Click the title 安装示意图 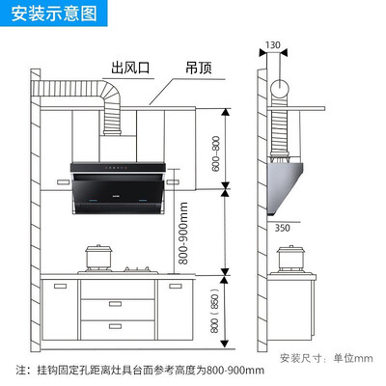[54, 14]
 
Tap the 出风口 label [130, 68]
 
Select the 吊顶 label [199, 68]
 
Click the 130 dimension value [273, 45]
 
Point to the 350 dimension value [282, 228]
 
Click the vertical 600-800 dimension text [216, 153]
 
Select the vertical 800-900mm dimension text [183, 234]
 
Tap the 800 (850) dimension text [214, 311]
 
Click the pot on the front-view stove [99, 258]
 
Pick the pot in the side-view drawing [290, 259]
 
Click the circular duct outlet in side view [280, 89]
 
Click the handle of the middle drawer [115, 304]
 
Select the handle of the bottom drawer [115, 326]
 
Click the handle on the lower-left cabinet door [60, 286]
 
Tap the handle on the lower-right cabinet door [176, 286]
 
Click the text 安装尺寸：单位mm [326, 358]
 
